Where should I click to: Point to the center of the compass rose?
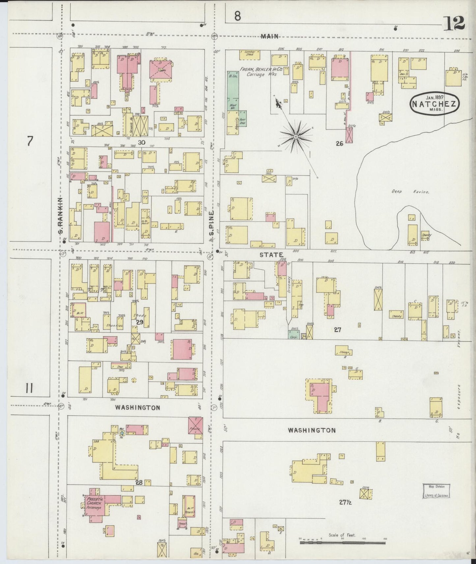[x=296, y=136]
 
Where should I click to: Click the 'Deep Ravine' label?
[x=410, y=191]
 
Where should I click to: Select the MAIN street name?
[x=269, y=37]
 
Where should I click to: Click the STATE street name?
[x=271, y=255]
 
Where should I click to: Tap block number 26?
[x=340, y=143]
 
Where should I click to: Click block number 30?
[x=141, y=142]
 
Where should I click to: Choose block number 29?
[x=140, y=322]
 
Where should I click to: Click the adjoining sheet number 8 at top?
[x=238, y=16]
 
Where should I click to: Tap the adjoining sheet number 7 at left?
[x=30, y=141]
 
